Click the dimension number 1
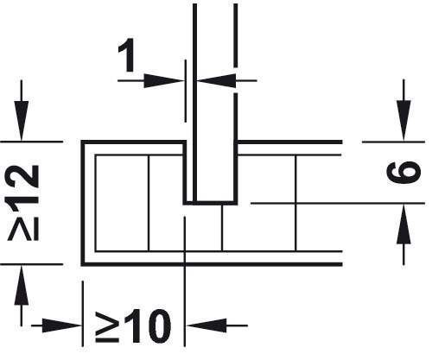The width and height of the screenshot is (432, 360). point(127,55)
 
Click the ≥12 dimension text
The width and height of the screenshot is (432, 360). point(23,202)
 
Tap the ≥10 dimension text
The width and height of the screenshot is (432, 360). point(133,326)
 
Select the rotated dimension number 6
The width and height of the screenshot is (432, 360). point(403,172)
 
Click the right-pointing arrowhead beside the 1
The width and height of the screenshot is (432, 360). point(163,80)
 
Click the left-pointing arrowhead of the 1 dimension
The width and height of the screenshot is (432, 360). point(216,80)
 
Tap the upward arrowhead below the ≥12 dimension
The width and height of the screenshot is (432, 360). point(21,285)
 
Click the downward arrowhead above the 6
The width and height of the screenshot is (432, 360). point(403,121)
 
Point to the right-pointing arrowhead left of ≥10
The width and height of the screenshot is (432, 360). point(62,325)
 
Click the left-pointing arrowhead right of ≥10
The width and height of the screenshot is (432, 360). point(206,325)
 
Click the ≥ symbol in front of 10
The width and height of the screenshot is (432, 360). point(107,327)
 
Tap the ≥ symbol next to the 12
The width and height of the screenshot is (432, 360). point(23,228)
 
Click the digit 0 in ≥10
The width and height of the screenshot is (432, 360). point(158,326)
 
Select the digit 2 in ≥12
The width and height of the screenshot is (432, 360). point(23,177)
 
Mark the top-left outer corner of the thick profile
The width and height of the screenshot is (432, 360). point(83,142)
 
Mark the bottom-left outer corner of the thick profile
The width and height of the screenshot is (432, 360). point(83,264)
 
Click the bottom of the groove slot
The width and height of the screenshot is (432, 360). point(211,203)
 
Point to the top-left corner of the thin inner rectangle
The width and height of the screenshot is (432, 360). point(95,155)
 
